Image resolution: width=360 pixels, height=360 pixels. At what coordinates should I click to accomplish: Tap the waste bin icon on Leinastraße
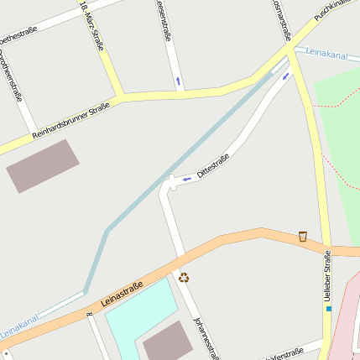click(302, 237)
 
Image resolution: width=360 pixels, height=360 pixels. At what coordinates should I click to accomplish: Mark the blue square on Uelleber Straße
click(329, 308)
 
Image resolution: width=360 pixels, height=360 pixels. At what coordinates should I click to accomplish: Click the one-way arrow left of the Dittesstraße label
click(186, 179)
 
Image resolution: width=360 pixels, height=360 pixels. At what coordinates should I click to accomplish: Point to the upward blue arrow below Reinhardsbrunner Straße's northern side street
click(178, 81)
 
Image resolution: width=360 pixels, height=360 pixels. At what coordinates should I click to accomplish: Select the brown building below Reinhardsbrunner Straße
click(43, 165)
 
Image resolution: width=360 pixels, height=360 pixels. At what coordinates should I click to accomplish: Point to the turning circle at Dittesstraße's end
click(169, 183)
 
